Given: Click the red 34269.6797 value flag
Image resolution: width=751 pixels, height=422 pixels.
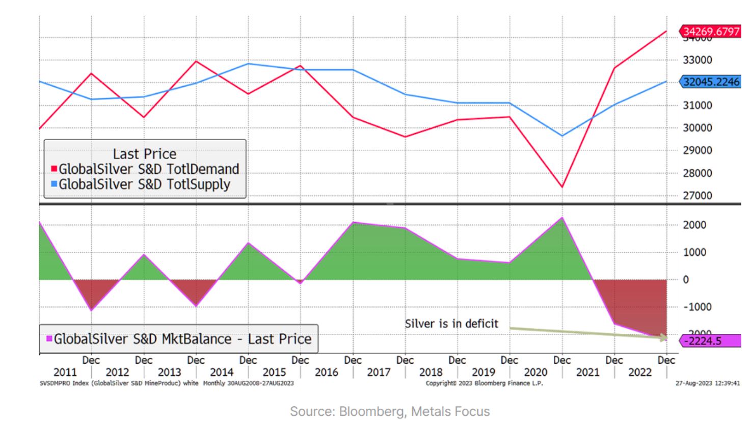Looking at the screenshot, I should (710, 32).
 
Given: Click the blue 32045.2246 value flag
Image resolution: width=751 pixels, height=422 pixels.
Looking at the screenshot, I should (710, 82).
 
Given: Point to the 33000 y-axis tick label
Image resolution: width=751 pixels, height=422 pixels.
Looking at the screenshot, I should (697, 60).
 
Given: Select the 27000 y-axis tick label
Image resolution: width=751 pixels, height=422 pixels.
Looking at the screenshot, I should (697, 196).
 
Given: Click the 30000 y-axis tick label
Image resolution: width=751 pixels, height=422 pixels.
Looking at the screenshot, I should (697, 128).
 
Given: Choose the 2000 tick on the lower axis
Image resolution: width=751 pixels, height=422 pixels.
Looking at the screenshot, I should (694, 225).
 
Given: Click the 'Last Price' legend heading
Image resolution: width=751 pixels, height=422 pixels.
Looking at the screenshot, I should (145, 154).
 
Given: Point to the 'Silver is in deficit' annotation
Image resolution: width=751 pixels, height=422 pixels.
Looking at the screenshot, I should (451, 324).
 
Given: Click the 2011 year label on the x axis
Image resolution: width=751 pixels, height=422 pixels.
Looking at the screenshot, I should (65, 373).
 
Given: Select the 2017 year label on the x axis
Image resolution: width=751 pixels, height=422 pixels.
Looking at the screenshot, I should (379, 373).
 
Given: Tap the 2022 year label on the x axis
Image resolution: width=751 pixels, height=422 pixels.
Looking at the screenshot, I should (640, 373).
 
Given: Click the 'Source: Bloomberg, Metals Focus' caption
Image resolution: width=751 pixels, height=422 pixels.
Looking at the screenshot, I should (390, 411).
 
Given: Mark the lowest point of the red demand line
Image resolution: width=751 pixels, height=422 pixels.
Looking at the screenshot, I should (562, 187).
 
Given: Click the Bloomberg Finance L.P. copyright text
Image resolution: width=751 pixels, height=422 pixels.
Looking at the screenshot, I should (484, 383).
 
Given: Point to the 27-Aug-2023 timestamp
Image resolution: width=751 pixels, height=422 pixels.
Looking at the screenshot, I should (707, 383).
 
